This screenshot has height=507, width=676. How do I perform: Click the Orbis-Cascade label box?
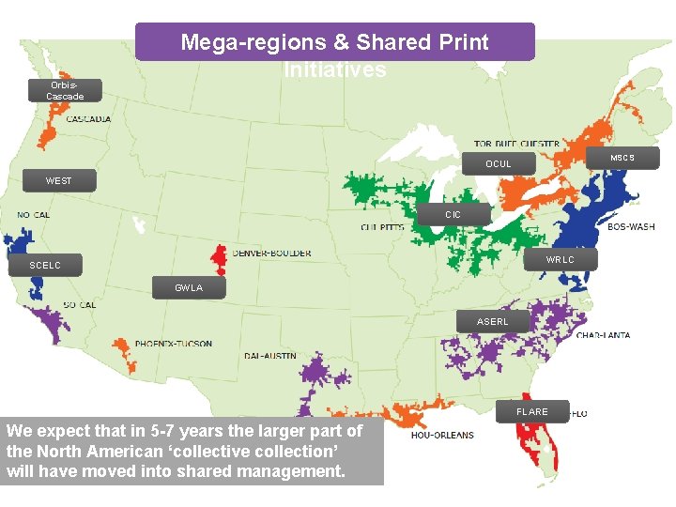[x=65, y=90]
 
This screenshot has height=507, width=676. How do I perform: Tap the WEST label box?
[x=58, y=180]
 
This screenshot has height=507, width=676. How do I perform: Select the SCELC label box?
[x=45, y=266]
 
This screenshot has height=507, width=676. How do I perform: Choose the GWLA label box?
[x=189, y=288]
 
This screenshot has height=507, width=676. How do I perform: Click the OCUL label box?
[x=499, y=164]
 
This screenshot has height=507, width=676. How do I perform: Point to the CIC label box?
[x=453, y=215]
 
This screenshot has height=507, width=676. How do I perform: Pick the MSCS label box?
[x=622, y=158]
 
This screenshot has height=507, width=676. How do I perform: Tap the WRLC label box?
[x=560, y=259]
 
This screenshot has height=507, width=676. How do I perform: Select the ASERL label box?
[x=492, y=322]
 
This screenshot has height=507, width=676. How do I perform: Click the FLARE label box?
[x=532, y=411]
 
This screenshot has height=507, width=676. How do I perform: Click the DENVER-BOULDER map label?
[x=271, y=253]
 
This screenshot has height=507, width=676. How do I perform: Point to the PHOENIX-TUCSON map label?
[x=173, y=344]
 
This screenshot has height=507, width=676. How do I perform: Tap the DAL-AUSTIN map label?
[x=269, y=356]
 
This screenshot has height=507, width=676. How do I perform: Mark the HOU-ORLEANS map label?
[x=442, y=435]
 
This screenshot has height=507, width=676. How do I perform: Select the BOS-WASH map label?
[x=631, y=226]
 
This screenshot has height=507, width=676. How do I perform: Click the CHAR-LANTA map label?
[x=603, y=335]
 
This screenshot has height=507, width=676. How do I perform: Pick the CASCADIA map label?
[x=88, y=119]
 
